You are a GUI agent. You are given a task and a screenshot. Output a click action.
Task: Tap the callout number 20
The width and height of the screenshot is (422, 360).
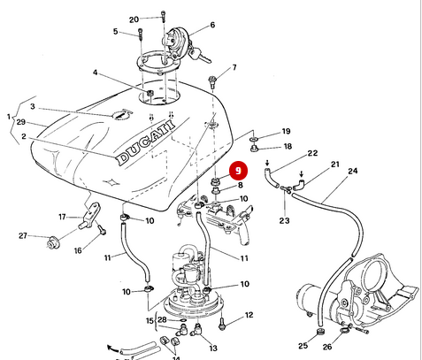coord(134,19)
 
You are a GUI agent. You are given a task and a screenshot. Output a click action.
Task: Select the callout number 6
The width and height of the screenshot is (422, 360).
coord(213,27)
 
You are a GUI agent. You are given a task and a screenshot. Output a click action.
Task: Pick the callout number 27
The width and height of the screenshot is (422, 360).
coord(24,236)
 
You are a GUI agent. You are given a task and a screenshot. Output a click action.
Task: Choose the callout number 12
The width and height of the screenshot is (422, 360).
coord(249,315)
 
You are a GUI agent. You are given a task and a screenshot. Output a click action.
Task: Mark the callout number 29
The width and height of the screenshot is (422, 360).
coord(21,123)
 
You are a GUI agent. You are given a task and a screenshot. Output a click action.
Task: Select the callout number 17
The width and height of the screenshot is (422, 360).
coord(62,216)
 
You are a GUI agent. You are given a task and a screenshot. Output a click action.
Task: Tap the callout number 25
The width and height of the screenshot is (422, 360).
coord(303,345)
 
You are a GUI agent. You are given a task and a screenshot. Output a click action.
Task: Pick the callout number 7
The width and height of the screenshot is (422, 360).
coord(234,67)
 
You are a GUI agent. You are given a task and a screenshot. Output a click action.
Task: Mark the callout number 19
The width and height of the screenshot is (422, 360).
coord(286,132)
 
